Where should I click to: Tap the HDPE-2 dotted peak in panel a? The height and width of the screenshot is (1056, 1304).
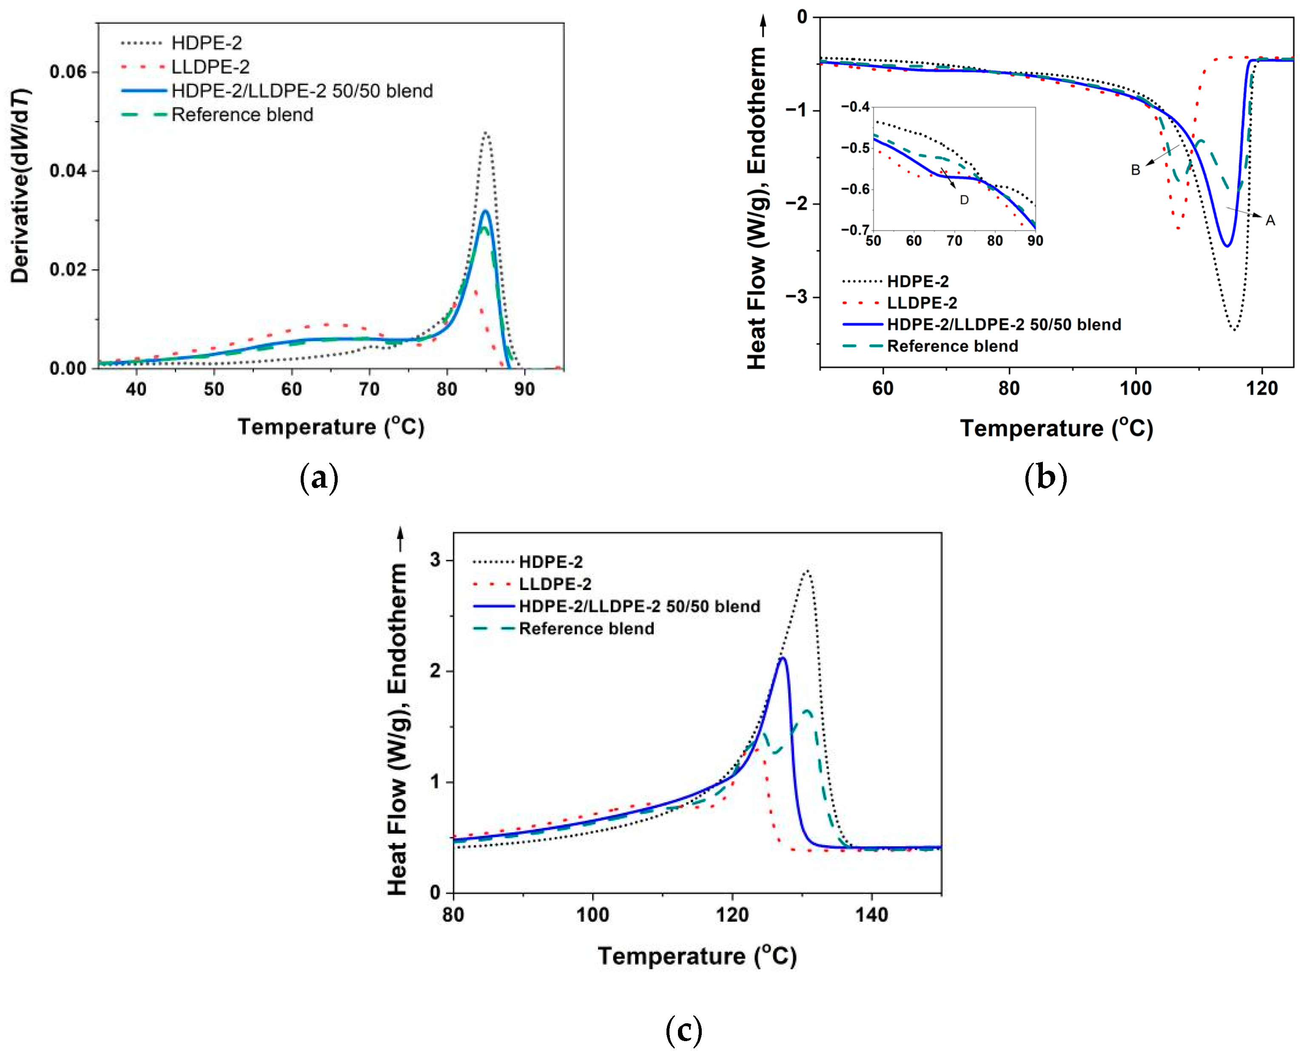click(486, 133)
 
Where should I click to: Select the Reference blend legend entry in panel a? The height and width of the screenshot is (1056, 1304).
click(242, 114)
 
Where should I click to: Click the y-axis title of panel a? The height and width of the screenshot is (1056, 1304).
click(20, 185)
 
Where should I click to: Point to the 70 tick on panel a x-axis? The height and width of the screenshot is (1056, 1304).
click(369, 389)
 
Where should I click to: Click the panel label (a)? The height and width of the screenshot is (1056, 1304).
click(319, 478)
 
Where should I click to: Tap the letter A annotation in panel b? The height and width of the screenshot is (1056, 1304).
click(1270, 221)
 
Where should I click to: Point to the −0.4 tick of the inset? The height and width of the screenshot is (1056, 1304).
click(854, 107)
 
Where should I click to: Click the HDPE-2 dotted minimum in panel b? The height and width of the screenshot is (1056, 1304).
click(1233, 329)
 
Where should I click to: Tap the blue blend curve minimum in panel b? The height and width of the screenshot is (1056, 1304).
click(1227, 246)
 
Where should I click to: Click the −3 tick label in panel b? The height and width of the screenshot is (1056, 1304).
click(796, 297)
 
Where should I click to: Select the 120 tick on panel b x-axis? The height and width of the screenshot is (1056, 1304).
click(1262, 388)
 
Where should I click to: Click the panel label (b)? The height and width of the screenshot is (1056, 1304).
click(1045, 478)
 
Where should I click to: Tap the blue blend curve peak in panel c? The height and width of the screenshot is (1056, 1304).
click(783, 658)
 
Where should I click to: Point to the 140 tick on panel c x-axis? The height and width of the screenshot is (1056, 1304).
click(871, 915)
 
